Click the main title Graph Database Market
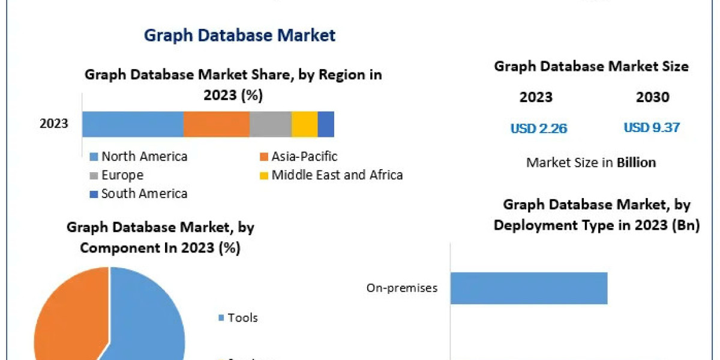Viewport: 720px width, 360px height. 239,35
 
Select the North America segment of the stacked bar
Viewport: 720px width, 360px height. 133,124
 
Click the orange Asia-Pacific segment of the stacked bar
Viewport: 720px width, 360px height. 216,124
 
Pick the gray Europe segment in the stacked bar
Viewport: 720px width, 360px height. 270,124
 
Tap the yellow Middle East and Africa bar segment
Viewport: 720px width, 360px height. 304,124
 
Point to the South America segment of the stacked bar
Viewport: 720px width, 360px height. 326,124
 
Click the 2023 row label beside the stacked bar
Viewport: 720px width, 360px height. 54,124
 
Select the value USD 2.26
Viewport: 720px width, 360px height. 538,128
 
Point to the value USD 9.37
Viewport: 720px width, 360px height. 652,128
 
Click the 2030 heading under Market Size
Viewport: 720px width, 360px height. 652,97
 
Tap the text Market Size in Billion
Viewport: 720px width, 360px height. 590,162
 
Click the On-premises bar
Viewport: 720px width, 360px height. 529,288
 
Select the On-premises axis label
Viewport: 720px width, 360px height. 401,288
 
